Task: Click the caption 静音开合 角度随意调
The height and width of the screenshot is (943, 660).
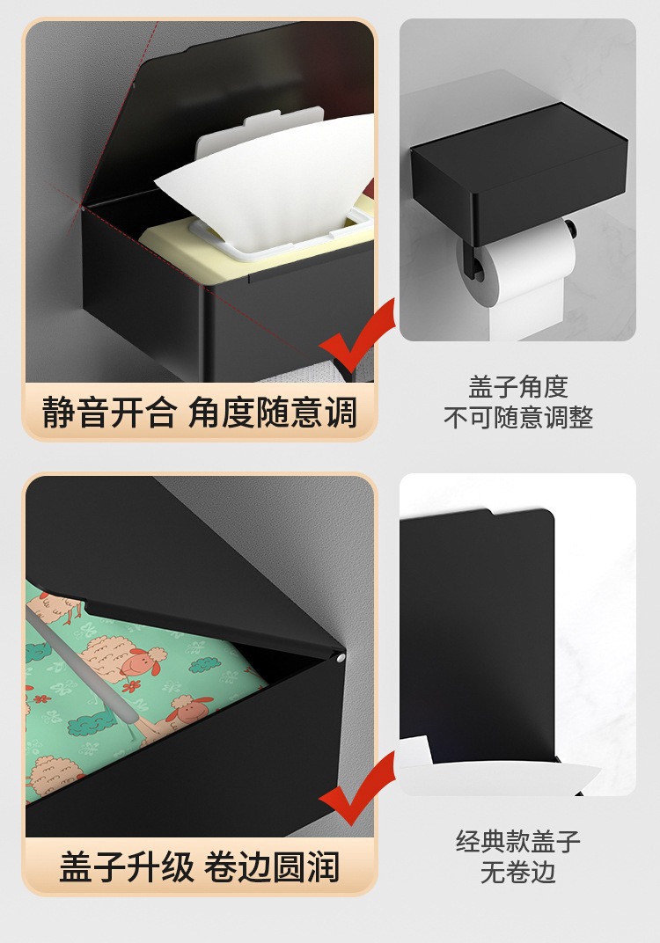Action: [x=199, y=413]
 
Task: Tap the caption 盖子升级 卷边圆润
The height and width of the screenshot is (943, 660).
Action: [x=199, y=866]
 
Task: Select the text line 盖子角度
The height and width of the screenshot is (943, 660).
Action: [x=518, y=387]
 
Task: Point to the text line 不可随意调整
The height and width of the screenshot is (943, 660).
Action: [x=518, y=417]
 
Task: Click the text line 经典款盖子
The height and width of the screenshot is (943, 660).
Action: [x=518, y=841]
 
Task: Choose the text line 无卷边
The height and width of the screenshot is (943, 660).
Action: [x=518, y=872]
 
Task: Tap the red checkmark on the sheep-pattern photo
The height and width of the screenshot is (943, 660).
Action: [x=357, y=789]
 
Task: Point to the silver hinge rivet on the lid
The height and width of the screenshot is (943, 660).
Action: [x=341, y=659]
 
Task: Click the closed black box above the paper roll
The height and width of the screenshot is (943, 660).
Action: [x=518, y=172]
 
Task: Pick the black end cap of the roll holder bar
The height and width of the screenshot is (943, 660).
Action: [x=569, y=228]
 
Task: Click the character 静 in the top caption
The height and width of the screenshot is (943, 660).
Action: [x=58, y=413]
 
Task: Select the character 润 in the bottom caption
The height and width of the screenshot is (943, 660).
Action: [x=324, y=866]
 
